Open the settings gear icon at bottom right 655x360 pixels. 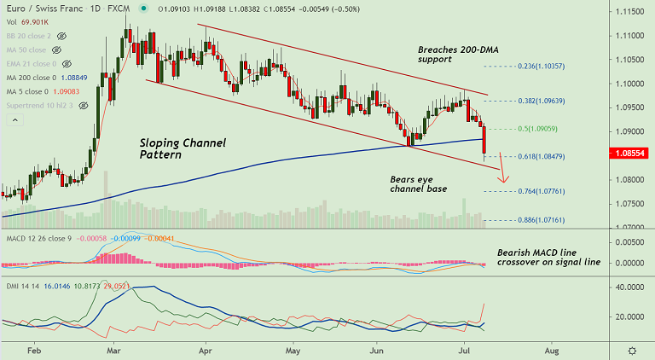click(x=631, y=351)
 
